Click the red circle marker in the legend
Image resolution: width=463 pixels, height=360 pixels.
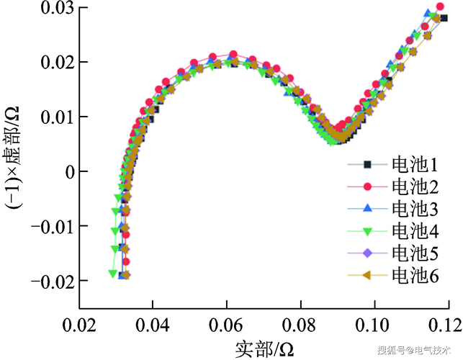tap(367, 186)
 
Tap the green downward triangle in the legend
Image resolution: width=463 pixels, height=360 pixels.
tap(367, 232)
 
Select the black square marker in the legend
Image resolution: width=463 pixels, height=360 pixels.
tap(367, 164)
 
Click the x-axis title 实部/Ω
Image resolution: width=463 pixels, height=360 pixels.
tap(264, 349)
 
